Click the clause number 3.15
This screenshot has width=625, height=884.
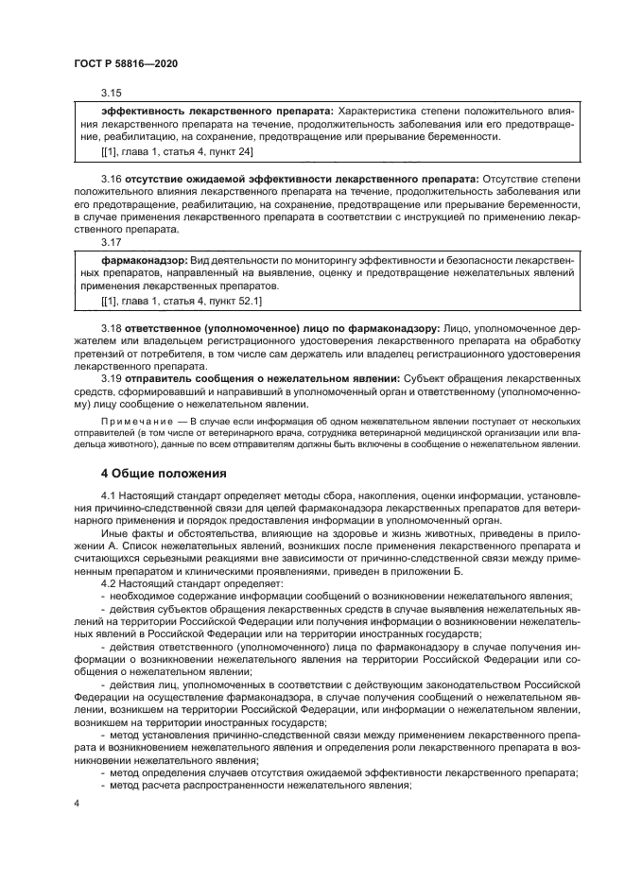click(x=112, y=93)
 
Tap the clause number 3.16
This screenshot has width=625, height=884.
click(x=112, y=179)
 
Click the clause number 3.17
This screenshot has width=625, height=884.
click(x=112, y=241)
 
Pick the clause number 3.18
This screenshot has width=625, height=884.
click(x=112, y=327)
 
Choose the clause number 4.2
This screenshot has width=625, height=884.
click(x=110, y=583)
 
